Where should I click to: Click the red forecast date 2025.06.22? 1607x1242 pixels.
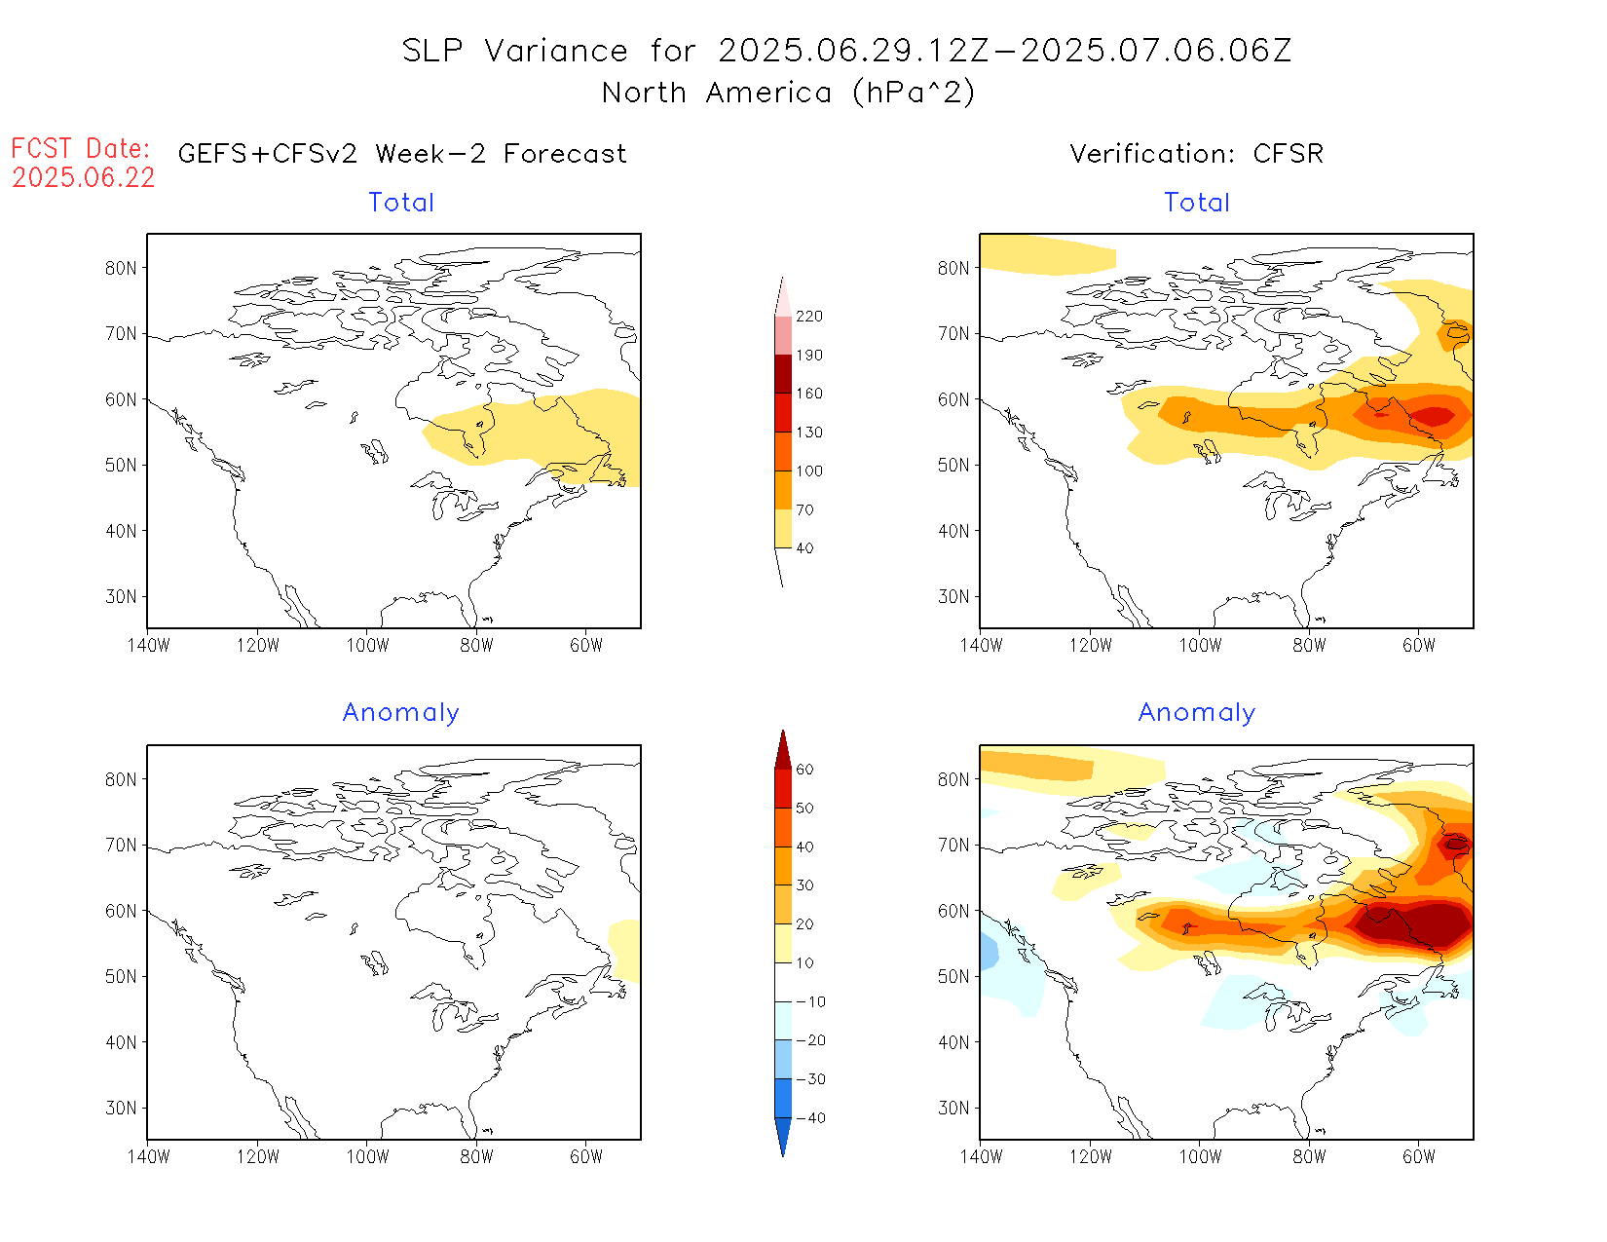[x=84, y=178]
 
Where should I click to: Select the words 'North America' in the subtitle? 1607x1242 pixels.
[x=717, y=94]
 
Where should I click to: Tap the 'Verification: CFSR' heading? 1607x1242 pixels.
[x=1196, y=154]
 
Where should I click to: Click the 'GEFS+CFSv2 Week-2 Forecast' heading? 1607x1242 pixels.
[x=402, y=154]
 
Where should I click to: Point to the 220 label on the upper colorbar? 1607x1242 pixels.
[x=809, y=317]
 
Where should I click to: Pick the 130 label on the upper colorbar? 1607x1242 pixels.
[x=809, y=433]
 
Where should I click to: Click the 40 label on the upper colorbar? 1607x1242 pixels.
[x=804, y=548]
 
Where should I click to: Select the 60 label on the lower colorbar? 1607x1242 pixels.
[x=804, y=770]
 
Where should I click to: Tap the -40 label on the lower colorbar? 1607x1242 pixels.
[x=810, y=1118]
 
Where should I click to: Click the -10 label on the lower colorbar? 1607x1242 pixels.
[x=810, y=1001]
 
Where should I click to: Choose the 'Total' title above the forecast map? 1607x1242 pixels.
[x=401, y=203]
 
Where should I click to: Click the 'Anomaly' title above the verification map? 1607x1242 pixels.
[x=1196, y=713]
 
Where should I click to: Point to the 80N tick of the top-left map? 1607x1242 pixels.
[x=121, y=269]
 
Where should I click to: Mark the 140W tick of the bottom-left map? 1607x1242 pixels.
[x=148, y=1157]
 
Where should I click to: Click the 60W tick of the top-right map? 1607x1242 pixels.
[x=1419, y=645]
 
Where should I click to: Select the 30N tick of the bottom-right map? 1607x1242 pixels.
[x=953, y=1109]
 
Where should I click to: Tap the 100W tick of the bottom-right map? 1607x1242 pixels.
[x=1200, y=1157]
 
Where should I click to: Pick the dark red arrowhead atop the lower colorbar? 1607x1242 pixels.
[x=783, y=750]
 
